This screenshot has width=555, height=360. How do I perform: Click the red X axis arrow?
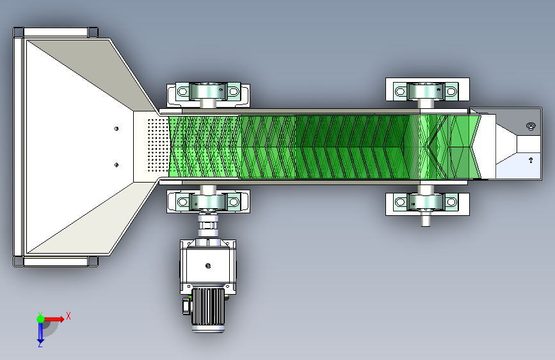53,319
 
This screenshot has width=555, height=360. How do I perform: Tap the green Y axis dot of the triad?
40,319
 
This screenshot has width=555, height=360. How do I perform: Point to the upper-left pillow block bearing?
208,92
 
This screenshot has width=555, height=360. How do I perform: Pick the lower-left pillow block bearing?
208,202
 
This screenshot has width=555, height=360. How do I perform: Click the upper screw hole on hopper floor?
117,129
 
